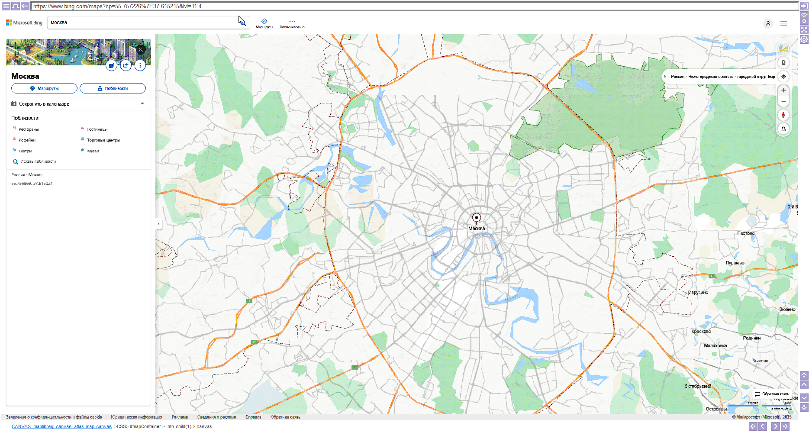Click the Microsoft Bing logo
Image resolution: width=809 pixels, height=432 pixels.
pos(24,23)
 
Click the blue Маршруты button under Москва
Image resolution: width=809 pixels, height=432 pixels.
pos(44,88)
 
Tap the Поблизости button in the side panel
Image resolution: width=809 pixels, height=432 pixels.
pos(113,88)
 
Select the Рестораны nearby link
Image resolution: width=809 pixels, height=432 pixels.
pos(29,129)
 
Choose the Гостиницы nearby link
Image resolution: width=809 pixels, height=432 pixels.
pos(97,129)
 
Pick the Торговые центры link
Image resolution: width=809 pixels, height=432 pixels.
pos(103,140)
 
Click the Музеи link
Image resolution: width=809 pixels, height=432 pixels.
pos(93,151)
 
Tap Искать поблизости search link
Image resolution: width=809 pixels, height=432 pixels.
pos(38,161)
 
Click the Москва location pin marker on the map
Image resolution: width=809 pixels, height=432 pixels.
pos(476,218)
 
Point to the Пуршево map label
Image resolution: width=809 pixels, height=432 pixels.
pos(735,263)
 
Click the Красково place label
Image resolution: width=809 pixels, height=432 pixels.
pos(701,331)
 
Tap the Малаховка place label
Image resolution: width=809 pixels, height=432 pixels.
pos(715,345)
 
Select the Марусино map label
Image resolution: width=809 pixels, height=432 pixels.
pos(698,292)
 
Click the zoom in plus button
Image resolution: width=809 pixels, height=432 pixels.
pos(783,90)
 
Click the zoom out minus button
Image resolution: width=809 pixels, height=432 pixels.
pos(783,101)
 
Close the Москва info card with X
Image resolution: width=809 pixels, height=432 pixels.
pos(141,49)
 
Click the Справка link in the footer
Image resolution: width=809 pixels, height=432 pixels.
pos(253,417)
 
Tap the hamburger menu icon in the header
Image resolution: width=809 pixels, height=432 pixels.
pos(783,23)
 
